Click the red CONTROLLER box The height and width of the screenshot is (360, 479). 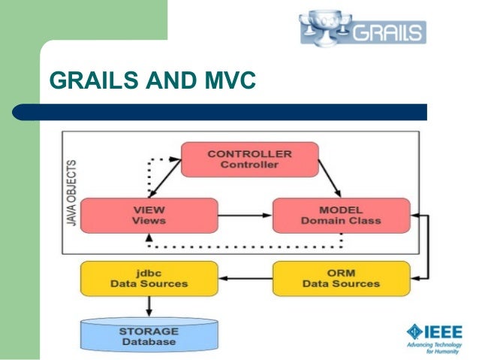click(249, 159)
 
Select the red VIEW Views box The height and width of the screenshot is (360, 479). click(149, 214)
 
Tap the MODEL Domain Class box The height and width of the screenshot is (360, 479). click(340, 214)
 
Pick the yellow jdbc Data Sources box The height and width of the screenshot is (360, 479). click(149, 277)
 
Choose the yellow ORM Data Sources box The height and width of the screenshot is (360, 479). click(341, 277)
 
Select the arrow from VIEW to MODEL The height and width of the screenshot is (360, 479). click(244, 214)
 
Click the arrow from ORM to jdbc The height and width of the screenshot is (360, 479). click(244, 277)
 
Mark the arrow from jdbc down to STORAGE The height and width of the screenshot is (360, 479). click(149, 306)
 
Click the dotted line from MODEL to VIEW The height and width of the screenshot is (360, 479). click(248, 246)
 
